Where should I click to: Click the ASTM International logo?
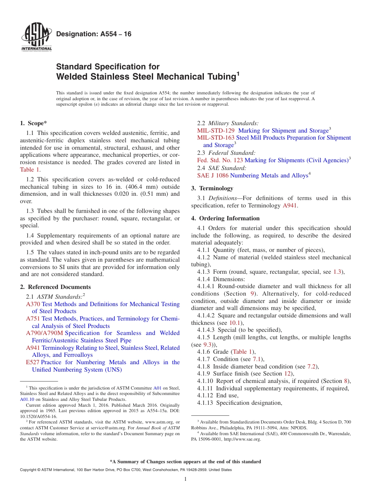point(36,37)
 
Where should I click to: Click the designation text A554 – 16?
point(94,34)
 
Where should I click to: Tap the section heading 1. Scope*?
point(34,123)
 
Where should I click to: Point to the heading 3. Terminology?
point(212,188)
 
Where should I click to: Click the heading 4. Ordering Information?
point(225,218)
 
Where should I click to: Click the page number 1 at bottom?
point(185,479)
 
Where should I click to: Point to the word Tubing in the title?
point(219,77)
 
